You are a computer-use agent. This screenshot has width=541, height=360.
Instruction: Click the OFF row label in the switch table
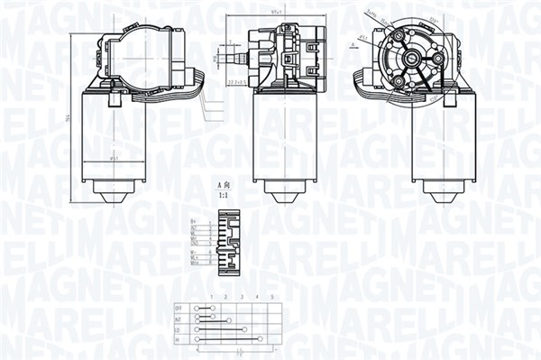click(x=178, y=308)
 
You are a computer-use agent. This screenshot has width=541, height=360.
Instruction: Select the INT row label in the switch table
click(x=178, y=318)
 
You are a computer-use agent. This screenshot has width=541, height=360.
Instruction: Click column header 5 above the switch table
click(x=271, y=297)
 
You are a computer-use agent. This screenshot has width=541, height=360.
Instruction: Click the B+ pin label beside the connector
click(x=194, y=219)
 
